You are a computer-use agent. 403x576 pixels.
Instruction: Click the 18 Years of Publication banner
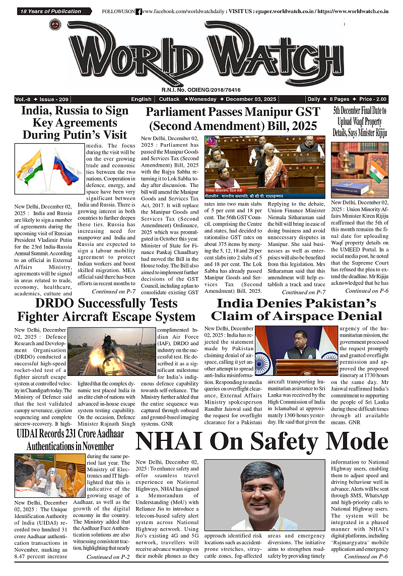(x=50, y=11)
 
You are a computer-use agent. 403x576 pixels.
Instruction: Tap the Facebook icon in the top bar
(x=139, y=11)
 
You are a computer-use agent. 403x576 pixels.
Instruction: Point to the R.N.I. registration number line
(x=201, y=89)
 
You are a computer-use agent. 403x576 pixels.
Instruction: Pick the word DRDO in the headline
(x=57, y=303)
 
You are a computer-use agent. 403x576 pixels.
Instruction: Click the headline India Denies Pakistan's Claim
(x=296, y=309)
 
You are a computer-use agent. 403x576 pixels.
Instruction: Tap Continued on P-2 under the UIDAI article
(x=108, y=557)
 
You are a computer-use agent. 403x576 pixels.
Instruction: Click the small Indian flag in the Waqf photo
(x=378, y=171)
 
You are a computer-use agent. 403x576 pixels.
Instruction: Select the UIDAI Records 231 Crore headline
(x=71, y=439)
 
